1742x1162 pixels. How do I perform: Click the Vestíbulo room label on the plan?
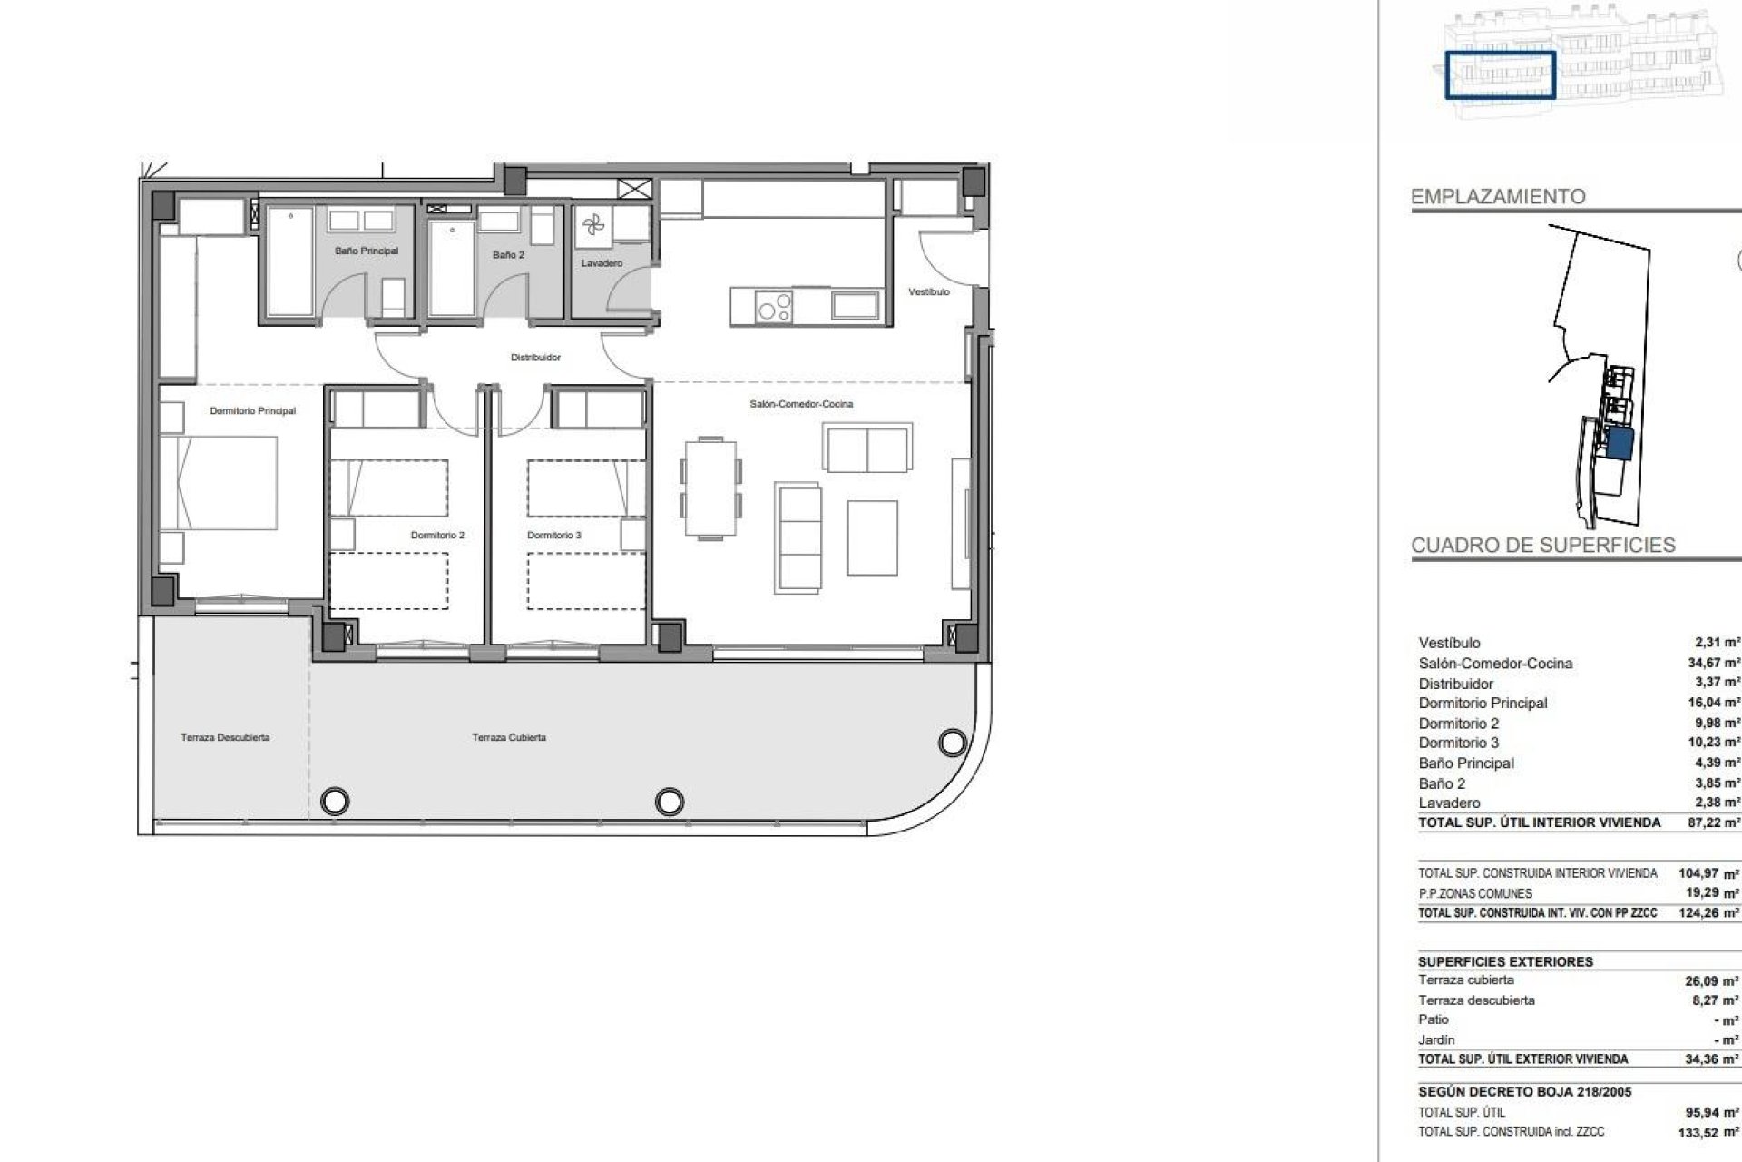[x=929, y=292]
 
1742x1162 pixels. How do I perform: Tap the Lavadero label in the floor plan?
[x=602, y=263]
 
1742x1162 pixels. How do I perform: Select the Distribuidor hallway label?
[x=535, y=358]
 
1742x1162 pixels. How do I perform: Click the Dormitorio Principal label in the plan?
[x=252, y=411]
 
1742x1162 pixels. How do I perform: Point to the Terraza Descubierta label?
[x=225, y=738]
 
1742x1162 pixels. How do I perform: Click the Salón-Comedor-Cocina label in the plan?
[x=801, y=404]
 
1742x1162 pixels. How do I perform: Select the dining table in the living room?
[x=711, y=487]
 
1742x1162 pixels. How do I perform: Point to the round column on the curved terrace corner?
[x=952, y=743]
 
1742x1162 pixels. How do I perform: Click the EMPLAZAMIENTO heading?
[x=1498, y=197]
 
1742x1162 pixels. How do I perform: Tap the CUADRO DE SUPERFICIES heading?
[x=1543, y=546]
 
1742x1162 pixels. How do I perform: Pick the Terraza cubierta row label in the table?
[x=1466, y=980]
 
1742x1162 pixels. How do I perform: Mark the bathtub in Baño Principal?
[x=290, y=261]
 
